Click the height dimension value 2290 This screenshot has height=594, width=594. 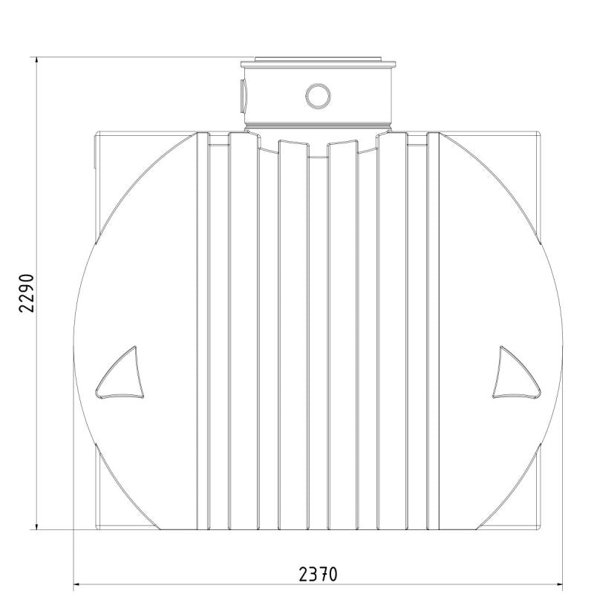point(27,293)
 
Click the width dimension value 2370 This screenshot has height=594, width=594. point(318,574)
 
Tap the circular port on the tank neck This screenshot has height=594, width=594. point(318,96)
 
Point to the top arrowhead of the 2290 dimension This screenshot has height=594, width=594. point(36,62)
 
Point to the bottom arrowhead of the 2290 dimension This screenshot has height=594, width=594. point(36,525)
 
